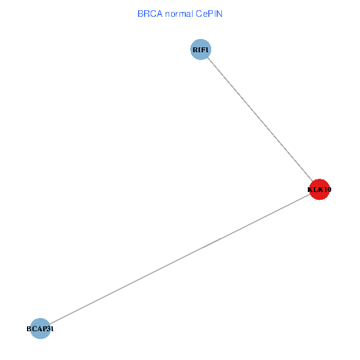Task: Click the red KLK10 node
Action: pos(319,190)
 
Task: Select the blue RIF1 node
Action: pos(200,49)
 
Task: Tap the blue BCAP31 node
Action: pos(40,329)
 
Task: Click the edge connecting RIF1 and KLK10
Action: pos(260,119)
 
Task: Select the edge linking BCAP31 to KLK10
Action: pos(180,259)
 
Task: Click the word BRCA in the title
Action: pos(150,14)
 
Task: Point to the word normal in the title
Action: pos(179,14)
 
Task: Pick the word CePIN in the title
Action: pos(209,14)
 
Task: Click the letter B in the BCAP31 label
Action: pos(29,329)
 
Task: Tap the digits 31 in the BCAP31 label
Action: pos(50,329)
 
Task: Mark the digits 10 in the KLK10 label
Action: pos(328,190)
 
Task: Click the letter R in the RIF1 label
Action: pos(195,50)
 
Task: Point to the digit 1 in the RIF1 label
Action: pos(206,50)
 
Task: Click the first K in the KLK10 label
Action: pos(310,190)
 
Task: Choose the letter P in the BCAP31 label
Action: pos(44,329)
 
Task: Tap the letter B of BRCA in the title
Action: pos(140,14)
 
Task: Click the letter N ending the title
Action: pos(220,14)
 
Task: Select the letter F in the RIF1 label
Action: pos(203,50)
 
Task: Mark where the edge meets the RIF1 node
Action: pos(208,58)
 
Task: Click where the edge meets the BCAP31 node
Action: pos(50,324)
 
